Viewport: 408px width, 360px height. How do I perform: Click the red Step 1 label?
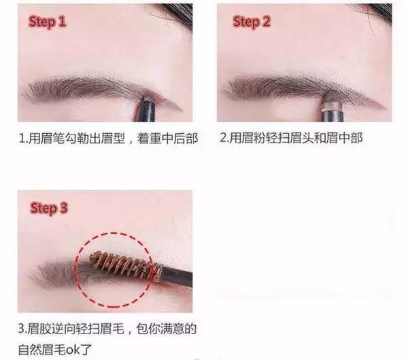point(48,21)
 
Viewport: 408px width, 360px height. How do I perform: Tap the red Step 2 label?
point(252,21)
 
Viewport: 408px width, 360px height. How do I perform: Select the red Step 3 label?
point(49,208)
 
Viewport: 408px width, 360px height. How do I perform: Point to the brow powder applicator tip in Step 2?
point(331,100)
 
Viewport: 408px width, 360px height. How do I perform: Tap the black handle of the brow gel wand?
point(177,277)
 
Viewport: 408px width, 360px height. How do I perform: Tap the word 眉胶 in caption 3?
point(39,329)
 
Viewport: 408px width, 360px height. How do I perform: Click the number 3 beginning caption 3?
point(21,329)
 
